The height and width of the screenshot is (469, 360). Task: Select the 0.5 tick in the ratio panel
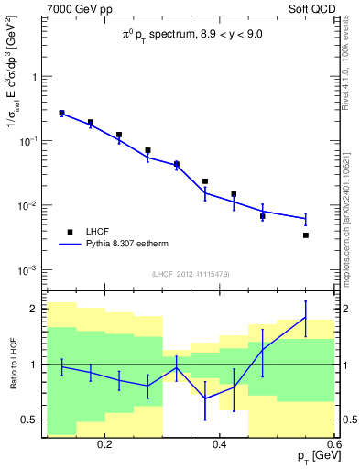click(29, 420)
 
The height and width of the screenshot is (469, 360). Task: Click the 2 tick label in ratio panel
click(34, 309)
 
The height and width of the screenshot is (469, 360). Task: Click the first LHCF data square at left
click(61, 113)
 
